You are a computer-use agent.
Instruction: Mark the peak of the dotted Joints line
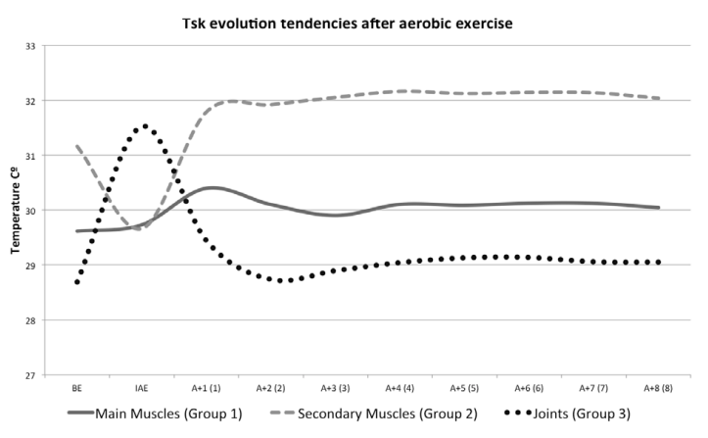tap(145, 125)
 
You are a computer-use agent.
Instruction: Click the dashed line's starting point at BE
tap(76, 145)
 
